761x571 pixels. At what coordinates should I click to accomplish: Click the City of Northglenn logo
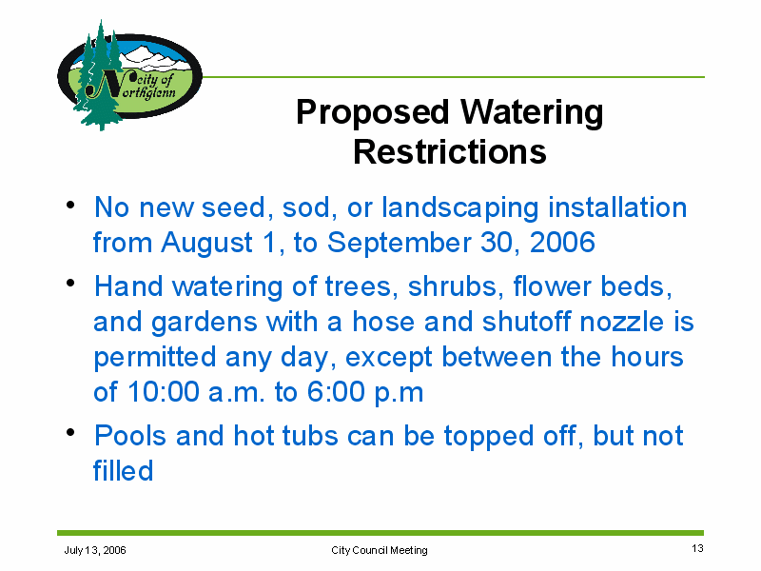129,76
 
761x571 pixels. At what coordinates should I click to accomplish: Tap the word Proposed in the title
373,113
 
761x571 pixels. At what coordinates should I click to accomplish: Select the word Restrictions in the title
450,152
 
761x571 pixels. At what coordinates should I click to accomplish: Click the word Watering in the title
532,113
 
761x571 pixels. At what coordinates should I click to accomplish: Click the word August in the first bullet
206,244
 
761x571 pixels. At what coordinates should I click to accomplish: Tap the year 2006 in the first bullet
562,243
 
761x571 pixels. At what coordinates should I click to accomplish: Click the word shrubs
453,286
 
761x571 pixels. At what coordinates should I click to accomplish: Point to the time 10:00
164,392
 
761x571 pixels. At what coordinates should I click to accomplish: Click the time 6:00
335,392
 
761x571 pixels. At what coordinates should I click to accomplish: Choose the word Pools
130,436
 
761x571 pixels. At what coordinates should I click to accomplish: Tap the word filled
124,470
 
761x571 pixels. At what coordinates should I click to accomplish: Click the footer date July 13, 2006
95,550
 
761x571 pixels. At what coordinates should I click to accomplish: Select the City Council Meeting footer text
380,550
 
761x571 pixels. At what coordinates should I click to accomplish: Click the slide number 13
697,549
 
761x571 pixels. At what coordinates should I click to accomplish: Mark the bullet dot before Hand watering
70,283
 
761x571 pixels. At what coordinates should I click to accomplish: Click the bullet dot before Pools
70,432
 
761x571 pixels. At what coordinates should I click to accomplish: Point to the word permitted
155,358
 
